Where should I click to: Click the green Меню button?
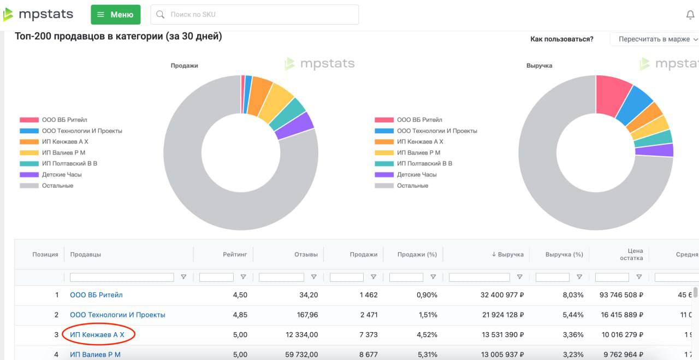click(x=115, y=15)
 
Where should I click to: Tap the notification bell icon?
click(x=690, y=15)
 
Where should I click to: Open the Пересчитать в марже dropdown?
click(x=655, y=39)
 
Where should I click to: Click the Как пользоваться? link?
click(x=561, y=39)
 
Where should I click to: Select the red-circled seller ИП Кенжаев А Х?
click(x=97, y=334)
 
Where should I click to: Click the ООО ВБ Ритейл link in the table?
click(x=96, y=295)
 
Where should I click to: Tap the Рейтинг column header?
click(x=235, y=255)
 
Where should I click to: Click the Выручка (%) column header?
click(x=564, y=255)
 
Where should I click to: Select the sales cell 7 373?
click(x=368, y=334)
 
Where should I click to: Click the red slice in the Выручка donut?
click(x=613, y=93)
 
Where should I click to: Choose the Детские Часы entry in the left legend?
click(x=62, y=175)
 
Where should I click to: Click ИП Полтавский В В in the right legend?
click(x=424, y=164)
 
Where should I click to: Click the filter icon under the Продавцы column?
click(x=183, y=277)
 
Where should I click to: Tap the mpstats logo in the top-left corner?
click(x=38, y=15)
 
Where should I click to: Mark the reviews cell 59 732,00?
click(x=298, y=355)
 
